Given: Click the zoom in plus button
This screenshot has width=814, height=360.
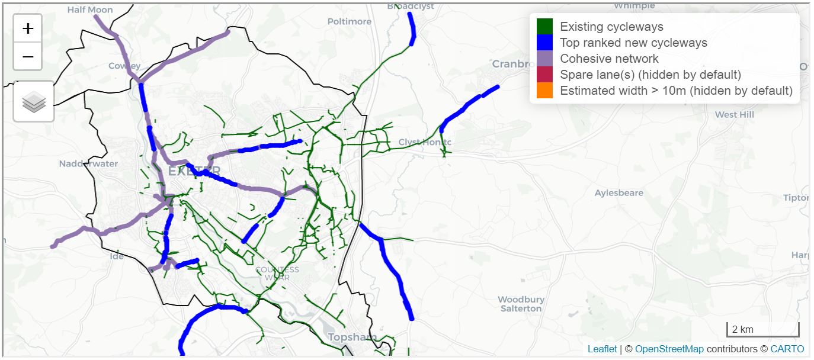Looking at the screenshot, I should [28, 28].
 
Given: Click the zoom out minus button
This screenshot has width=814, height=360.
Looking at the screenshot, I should [28, 57].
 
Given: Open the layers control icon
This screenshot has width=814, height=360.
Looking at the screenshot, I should [34, 102].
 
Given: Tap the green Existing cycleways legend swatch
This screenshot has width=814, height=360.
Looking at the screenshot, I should [544, 27].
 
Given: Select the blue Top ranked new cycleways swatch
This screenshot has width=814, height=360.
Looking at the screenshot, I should [544, 43].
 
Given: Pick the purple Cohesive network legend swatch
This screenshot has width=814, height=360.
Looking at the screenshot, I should [544, 59].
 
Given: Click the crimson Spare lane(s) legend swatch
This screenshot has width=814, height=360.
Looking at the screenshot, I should [544, 75].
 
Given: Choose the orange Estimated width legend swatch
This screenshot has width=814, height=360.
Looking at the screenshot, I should [544, 91].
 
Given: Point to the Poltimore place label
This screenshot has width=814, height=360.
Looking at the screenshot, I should [350, 21].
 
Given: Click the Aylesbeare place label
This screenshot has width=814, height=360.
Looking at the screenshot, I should [619, 193].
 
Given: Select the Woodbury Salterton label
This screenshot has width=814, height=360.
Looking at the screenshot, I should [521, 304].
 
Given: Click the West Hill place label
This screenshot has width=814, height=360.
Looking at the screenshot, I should [734, 114].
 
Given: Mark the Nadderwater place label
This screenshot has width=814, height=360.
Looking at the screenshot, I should [88, 163].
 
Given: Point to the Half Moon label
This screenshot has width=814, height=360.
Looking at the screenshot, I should [90, 9].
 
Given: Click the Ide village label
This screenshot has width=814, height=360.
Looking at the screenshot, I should [117, 256].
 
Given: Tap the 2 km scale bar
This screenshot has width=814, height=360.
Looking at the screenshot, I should [762, 329].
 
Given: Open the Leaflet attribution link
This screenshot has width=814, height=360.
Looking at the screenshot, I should [602, 349].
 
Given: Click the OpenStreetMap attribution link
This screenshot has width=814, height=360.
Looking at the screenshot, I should [669, 349].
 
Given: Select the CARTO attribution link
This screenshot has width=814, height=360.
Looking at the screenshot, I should [787, 349].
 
